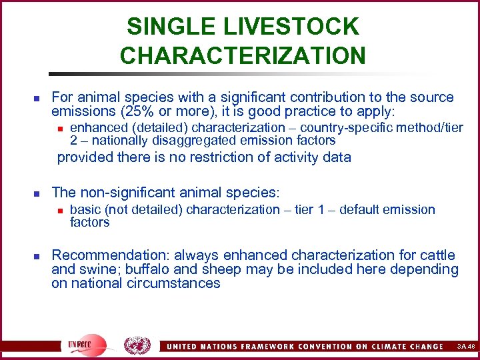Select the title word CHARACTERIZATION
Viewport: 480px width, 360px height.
(x=243, y=55)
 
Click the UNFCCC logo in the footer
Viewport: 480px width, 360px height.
(x=85, y=345)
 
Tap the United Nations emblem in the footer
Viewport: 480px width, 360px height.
(x=137, y=345)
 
